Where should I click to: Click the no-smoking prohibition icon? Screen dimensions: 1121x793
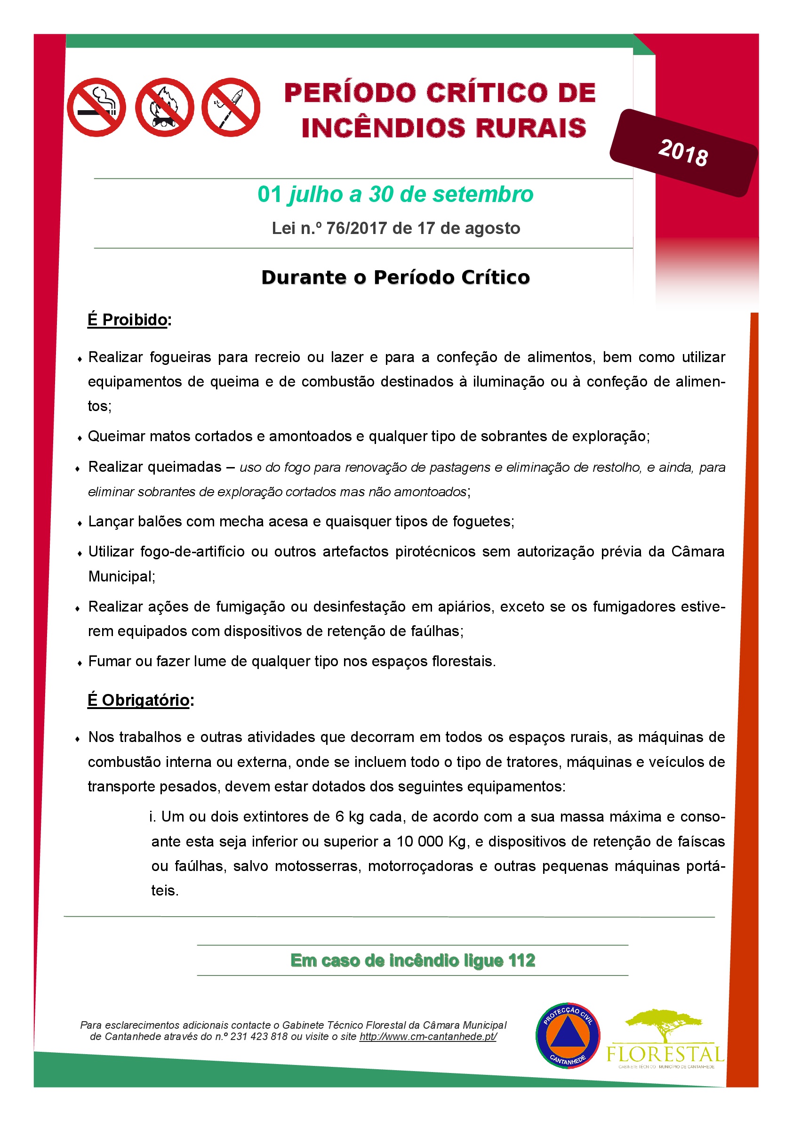(96, 107)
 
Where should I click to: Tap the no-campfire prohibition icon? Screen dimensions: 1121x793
(165, 107)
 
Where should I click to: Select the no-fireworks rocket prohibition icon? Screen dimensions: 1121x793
(231, 107)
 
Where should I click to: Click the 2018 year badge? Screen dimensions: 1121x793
(683, 153)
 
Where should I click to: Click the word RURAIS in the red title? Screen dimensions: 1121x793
(531, 128)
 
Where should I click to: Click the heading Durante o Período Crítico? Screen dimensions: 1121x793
(395, 277)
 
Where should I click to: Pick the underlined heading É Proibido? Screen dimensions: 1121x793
(128, 320)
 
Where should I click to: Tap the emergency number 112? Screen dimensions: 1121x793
(521, 960)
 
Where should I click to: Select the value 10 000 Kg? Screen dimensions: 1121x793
(432, 841)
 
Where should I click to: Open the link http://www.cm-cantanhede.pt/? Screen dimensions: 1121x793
(428, 1037)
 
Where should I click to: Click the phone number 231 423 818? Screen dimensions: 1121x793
(259, 1037)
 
